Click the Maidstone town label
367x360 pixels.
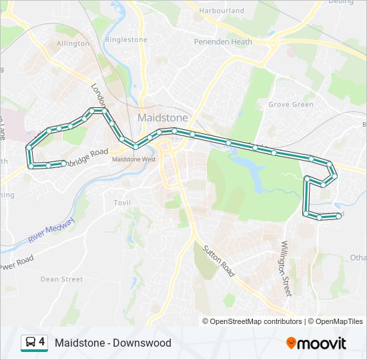pos(162,117)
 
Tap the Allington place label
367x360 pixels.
pos(73,43)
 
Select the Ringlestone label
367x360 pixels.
pos(126,40)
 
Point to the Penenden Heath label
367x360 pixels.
pos(223,42)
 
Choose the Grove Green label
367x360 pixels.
pos(290,105)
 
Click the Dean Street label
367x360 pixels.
pos(61,279)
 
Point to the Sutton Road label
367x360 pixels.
pos(218,259)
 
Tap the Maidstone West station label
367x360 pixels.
pos(133,159)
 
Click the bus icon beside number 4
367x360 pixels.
pos(31,343)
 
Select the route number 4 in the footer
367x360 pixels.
pos(42,343)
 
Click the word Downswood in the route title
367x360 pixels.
pos(141,343)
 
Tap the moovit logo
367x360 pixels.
pos(316,343)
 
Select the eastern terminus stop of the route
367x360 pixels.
pos(339,215)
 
